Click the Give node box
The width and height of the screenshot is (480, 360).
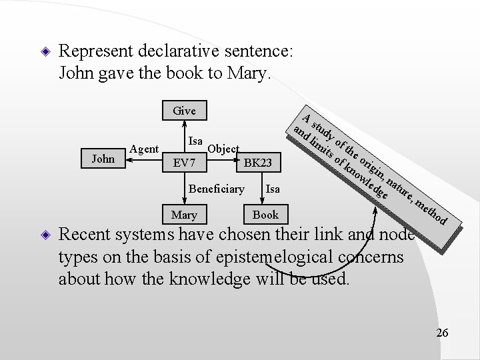(183, 111)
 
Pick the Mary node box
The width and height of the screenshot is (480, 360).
(183, 215)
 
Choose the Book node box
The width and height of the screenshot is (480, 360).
(266, 215)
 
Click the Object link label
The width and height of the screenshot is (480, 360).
(224, 148)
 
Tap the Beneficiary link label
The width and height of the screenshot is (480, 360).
(216, 190)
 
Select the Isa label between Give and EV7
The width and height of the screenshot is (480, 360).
(195, 141)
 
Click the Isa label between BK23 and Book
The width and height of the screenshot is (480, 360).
(273, 190)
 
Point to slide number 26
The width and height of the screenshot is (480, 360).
(442, 333)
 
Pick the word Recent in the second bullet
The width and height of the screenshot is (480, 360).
(86, 235)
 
